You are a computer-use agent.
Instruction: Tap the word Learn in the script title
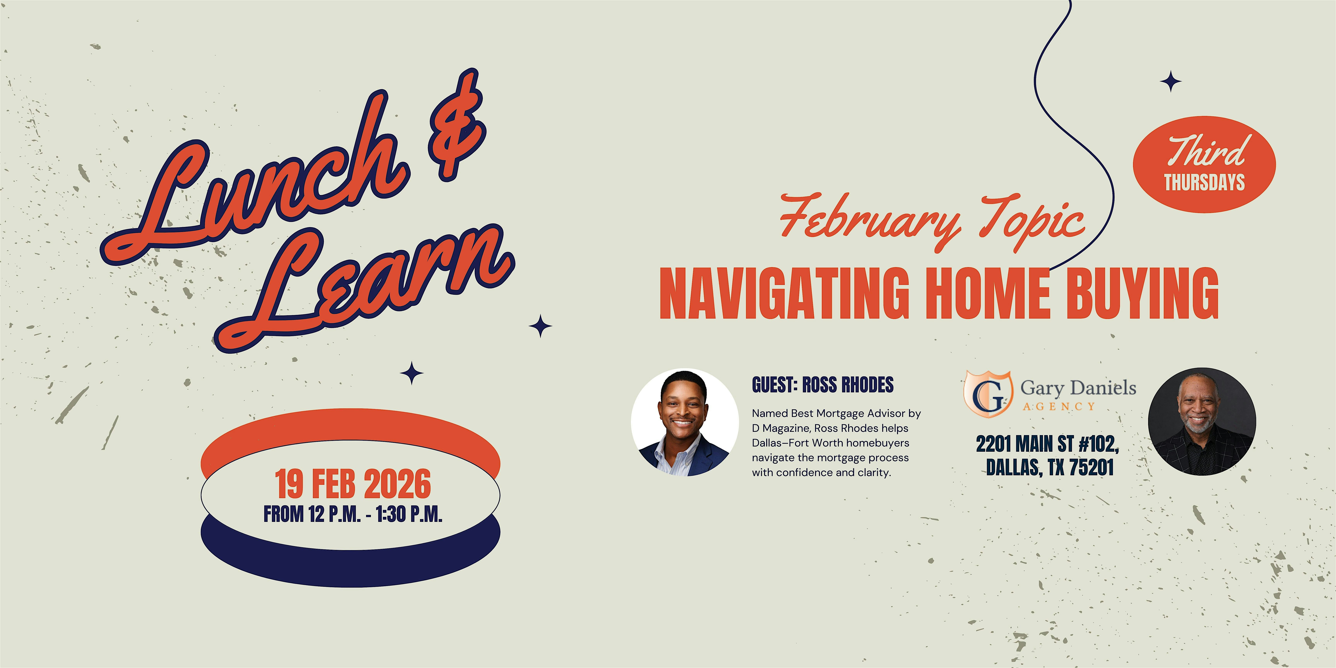pyautogui.click(x=363, y=288)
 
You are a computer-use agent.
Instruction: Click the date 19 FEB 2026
pyautogui.click(x=353, y=484)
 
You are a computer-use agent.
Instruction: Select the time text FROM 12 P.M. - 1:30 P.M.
pyautogui.click(x=353, y=514)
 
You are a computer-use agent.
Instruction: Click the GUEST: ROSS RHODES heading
pyautogui.click(x=823, y=385)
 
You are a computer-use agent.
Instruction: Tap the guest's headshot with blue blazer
pyautogui.click(x=685, y=423)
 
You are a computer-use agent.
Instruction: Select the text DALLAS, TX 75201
pyautogui.click(x=1050, y=467)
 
